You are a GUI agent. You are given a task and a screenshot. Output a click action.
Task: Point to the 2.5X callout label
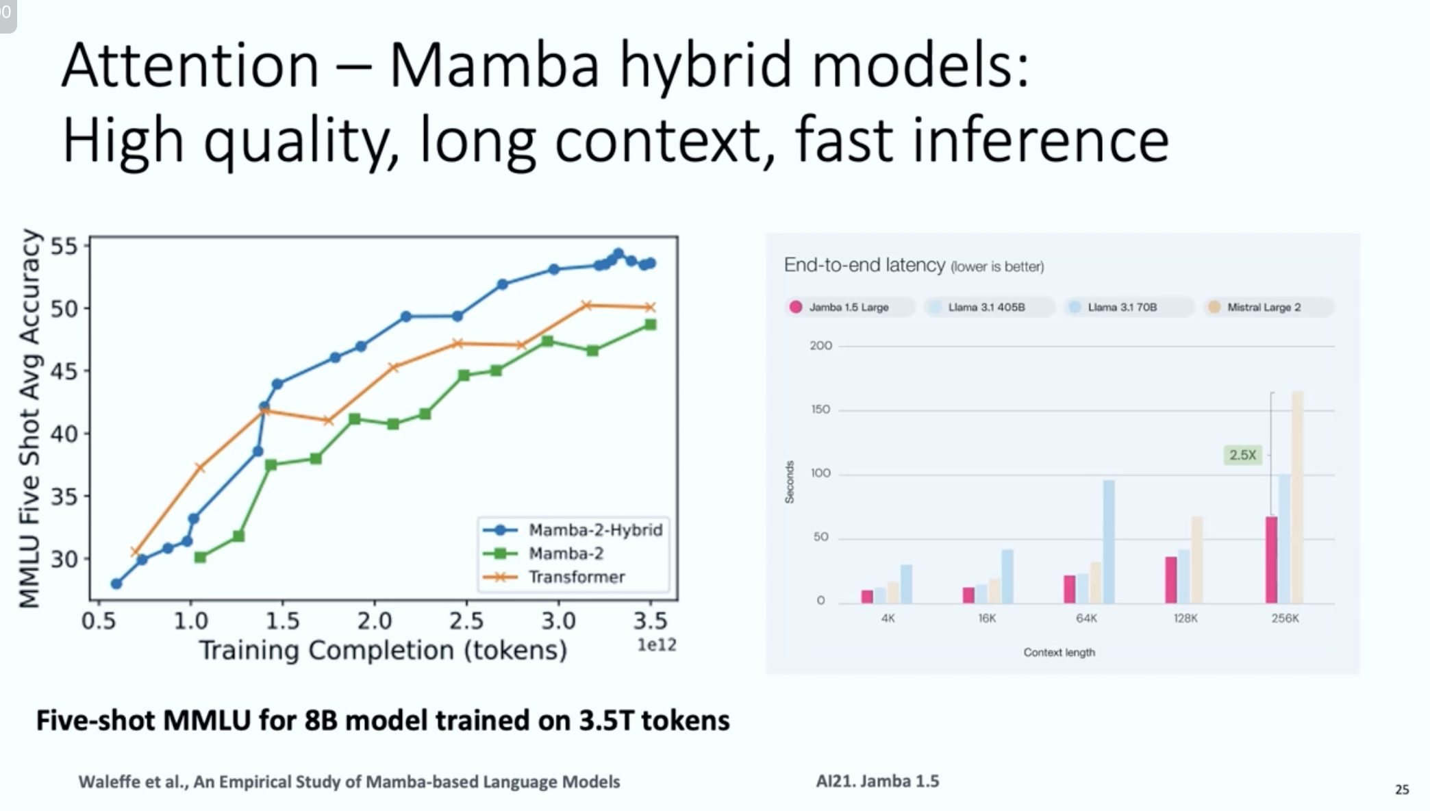[x=1242, y=455]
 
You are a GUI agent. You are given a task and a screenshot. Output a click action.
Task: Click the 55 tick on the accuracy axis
[x=64, y=246]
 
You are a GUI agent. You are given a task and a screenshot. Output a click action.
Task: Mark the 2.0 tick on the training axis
[x=375, y=621]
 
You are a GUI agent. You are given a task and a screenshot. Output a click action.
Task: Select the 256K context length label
[x=1285, y=619]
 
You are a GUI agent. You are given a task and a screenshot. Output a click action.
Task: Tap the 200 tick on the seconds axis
[x=820, y=346]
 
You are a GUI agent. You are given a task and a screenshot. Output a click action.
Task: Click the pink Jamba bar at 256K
[x=1271, y=560]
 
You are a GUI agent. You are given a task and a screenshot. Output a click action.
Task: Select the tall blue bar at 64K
[x=1108, y=541]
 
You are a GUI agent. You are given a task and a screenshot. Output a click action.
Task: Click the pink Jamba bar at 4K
[x=867, y=597]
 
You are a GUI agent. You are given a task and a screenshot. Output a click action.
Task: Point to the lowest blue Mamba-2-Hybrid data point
[x=116, y=584]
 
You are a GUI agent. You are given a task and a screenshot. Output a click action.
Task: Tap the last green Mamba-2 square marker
[x=651, y=325]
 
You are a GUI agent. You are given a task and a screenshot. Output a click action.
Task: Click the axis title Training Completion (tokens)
[x=383, y=650]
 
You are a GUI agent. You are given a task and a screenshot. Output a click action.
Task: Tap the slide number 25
[x=1402, y=789]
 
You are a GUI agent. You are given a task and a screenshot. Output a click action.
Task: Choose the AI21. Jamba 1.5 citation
[x=877, y=782]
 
